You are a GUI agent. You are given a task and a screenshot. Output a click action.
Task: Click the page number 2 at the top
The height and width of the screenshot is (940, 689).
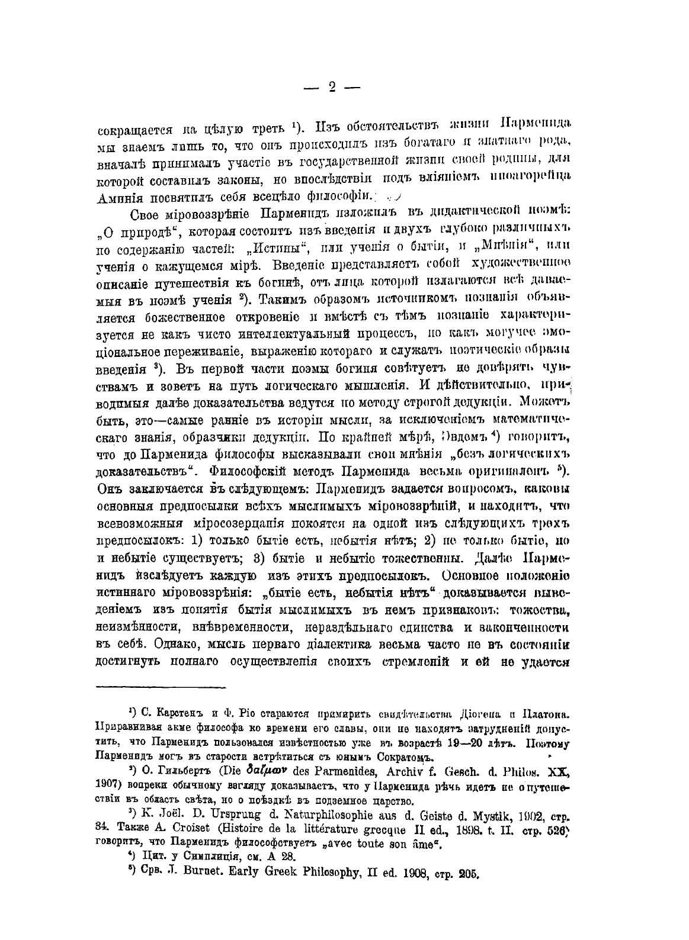pos(331,87)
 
